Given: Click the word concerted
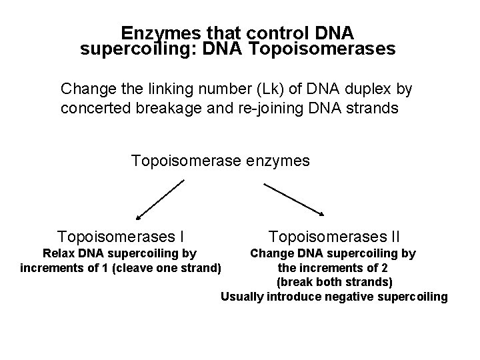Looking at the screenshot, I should pyautogui.click(x=93, y=108).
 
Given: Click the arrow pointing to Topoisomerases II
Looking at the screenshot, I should pyautogui.click(x=293, y=199).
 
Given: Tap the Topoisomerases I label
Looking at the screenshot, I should pyautogui.click(x=121, y=236).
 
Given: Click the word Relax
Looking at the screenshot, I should pyautogui.click(x=59, y=253).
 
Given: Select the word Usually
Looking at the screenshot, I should pyautogui.click(x=241, y=297).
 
